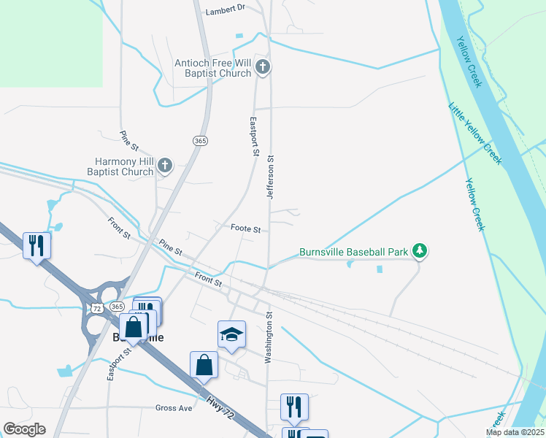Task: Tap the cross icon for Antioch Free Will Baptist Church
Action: point(264,69)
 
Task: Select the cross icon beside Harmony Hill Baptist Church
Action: point(165,166)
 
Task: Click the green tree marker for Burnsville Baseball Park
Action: point(419,252)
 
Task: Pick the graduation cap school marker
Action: point(231,335)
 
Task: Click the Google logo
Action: point(24,429)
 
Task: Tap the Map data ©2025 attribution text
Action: point(515,432)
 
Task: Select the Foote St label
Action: point(246,228)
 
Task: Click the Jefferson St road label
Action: point(270,177)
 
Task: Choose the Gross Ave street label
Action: point(174,408)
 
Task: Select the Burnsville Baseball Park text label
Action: point(353,253)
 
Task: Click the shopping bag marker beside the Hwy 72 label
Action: point(204,364)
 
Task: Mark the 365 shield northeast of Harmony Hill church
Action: point(200,140)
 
